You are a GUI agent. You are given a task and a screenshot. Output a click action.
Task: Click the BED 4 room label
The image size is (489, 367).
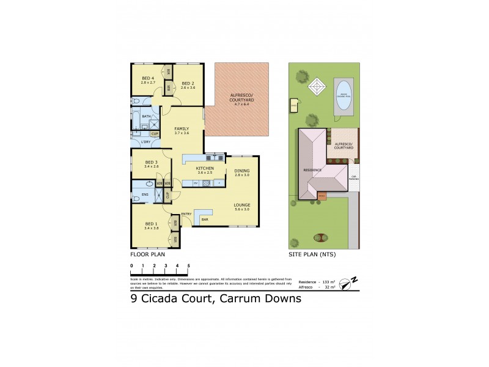point(148,78)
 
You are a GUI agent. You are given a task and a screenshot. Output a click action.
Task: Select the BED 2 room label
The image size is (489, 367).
point(188,83)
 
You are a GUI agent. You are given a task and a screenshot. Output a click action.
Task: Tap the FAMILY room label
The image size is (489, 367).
point(182,128)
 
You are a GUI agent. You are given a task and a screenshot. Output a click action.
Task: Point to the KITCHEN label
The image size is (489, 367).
point(204,168)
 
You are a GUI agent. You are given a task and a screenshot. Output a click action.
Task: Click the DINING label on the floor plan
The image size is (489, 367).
point(243,171)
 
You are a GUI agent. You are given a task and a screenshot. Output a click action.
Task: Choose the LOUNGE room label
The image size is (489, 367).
point(242,205)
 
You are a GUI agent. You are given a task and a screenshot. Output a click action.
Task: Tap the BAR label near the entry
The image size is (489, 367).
point(205,219)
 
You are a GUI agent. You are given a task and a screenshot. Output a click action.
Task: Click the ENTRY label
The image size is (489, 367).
point(186,213)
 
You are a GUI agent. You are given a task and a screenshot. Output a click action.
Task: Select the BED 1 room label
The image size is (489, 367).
point(150,224)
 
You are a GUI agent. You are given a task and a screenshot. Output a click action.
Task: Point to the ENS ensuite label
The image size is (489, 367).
point(145,196)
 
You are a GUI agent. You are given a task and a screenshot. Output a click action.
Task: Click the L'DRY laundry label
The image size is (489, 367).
point(145,142)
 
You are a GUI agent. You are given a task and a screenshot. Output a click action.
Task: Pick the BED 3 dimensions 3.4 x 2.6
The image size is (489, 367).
point(150,166)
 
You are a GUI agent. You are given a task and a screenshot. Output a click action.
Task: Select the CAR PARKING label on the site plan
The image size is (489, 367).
point(354,177)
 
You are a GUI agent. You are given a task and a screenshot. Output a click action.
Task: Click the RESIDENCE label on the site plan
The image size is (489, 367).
point(312,170)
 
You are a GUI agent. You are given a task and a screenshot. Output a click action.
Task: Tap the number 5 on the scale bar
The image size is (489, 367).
point(188,265)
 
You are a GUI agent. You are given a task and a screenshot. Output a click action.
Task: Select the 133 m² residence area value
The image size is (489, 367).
point(325,281)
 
